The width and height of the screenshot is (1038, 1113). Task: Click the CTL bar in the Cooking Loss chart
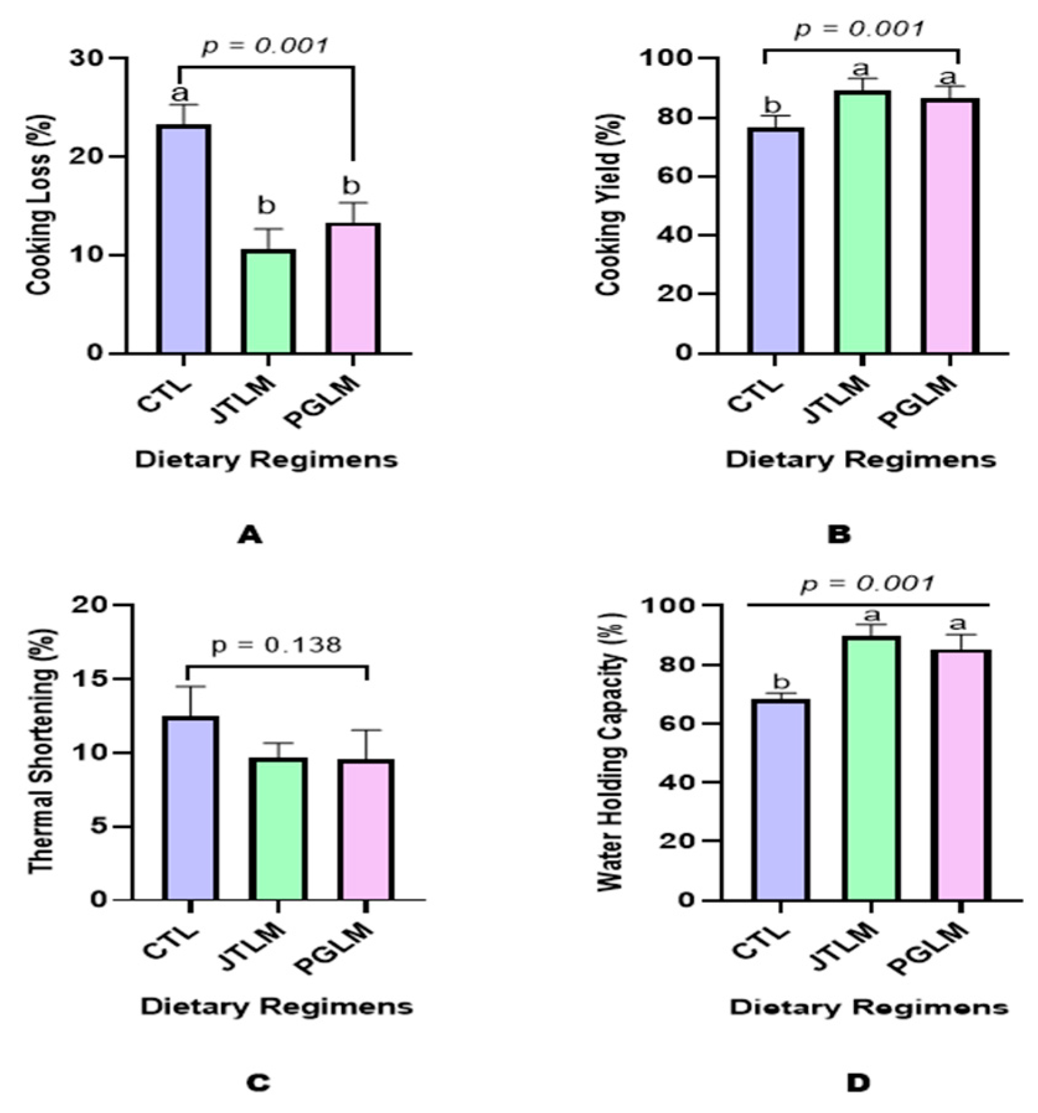click(183, 239)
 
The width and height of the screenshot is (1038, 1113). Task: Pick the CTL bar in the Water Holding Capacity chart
click(780, 799)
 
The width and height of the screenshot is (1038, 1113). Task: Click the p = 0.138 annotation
click(276, 645)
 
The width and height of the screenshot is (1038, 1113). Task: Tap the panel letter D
click(858, 1083)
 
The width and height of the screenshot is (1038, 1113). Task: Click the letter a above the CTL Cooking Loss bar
click(179, 94)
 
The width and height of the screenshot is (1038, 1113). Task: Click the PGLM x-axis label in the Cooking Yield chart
click(917, 403)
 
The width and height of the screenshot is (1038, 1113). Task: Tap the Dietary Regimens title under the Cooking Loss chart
click(266, 460)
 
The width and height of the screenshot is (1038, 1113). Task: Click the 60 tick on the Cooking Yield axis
click(676, 176)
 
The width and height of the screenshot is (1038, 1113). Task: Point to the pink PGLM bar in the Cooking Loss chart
click(353, 288)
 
